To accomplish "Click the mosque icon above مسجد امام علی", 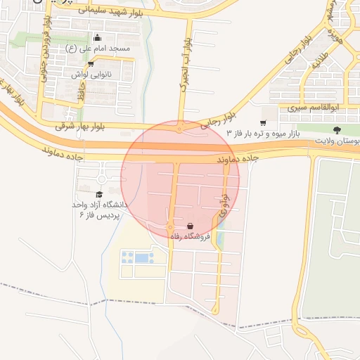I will (97, 38).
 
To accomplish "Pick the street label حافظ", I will (82, 90).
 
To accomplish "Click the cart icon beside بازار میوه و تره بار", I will (263, 122).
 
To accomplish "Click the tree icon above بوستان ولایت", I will (337, 130).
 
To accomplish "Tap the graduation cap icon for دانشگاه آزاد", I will (99, 194).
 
